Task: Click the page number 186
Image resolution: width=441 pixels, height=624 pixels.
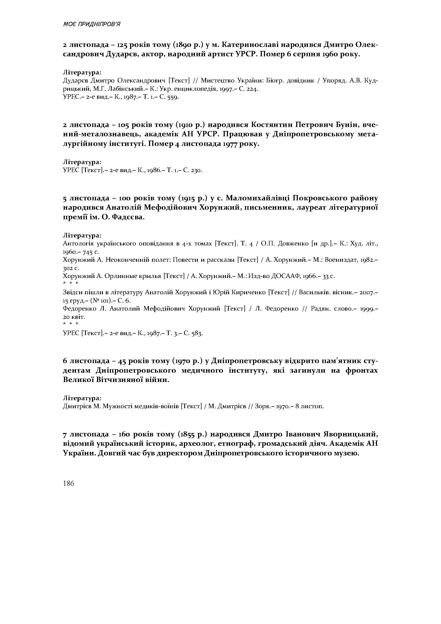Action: point(69,483)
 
